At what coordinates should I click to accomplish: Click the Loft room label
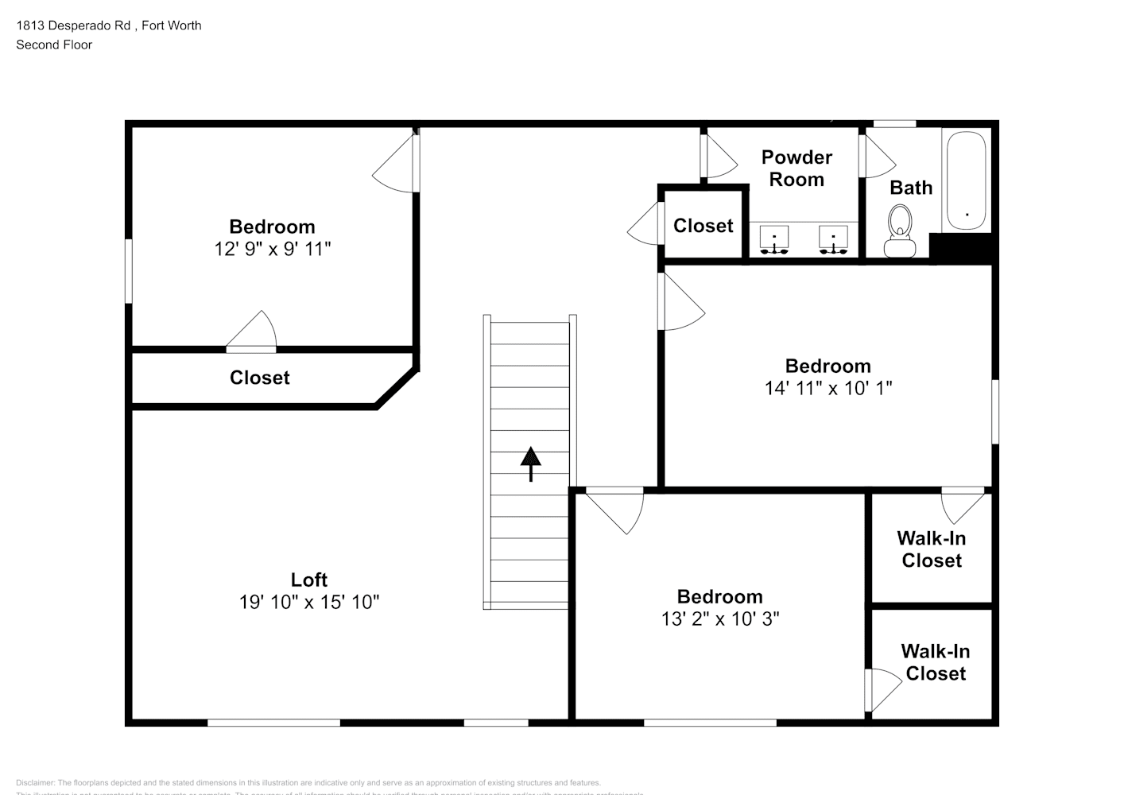(308, 580)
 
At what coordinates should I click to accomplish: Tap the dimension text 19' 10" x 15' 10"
(308, 602)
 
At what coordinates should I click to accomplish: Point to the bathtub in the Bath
(965, 180)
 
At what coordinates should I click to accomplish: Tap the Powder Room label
(796, 169)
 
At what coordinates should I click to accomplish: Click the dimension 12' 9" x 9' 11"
(272, 249)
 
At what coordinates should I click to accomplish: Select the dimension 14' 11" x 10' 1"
(827, 388)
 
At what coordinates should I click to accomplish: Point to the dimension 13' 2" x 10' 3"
(719, 619)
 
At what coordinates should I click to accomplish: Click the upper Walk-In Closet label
(931, 549)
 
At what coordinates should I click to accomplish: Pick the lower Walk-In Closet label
(935, 662)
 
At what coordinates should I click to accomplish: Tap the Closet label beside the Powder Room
(703, 226)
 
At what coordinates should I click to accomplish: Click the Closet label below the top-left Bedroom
(259, 378)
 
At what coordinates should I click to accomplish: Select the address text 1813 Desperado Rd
(75, 25)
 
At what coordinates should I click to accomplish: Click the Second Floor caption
(54, 45)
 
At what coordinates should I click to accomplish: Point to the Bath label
(910, 188)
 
